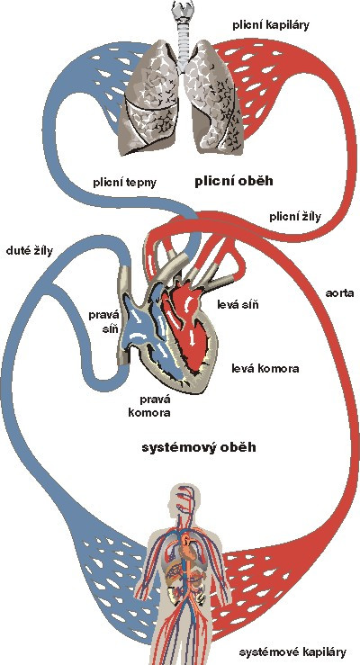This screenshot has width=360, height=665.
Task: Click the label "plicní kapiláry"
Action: [x=271, y=25]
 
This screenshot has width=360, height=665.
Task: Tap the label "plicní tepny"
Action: [x=125, y=183]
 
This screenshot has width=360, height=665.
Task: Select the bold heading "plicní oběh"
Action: [x=234, y=182]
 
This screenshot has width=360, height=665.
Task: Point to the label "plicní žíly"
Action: [x=295, y=217]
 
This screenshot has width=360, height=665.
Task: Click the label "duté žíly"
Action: [x=30, y=251]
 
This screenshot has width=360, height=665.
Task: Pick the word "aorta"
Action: [x=339, y=293]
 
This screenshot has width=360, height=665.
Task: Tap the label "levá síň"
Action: [x=238, y=304]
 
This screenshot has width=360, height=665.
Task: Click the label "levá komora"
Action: [x=265, y=368]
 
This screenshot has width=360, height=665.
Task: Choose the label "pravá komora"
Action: [x=149, y=406]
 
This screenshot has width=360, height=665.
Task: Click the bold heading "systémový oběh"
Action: [x=199, y=448]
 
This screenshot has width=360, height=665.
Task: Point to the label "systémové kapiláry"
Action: [x=292, y=652]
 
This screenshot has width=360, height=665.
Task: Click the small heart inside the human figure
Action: [x=186, y=546]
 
